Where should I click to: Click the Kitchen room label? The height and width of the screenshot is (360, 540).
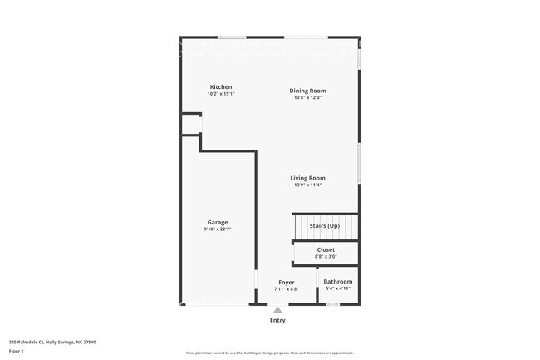coord(220,87)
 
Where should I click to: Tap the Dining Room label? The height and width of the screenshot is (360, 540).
coord(307,91)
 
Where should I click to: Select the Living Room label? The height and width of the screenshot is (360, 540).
coord(307,178)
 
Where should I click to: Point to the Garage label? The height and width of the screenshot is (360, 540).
coord(218,222)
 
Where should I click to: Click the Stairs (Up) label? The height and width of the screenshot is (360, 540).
coord(324,225)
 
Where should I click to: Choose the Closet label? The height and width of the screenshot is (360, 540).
coord(326,249)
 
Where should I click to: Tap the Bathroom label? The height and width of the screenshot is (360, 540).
coord(337,282)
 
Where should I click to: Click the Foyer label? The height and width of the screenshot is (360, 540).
coord(287,283)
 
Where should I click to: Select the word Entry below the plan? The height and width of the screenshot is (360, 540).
coord(277,320)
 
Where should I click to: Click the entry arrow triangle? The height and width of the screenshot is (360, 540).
coord(277,310)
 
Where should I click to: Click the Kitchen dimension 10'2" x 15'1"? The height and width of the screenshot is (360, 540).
coord(220,94)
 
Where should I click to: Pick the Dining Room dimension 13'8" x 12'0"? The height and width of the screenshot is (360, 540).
coord(307,97)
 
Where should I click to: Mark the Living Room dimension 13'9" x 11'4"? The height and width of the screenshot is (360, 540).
coord(307,185)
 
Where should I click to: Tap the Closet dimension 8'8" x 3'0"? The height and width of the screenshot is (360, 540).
coord(326,257)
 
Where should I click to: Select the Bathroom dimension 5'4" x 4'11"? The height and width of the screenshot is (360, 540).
coord(337,288)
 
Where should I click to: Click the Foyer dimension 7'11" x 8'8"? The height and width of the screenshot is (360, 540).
coord(287,289)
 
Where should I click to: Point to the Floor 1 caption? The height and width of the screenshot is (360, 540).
coord(17,351)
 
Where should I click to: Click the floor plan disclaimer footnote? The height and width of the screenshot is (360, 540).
coord(270,353)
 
